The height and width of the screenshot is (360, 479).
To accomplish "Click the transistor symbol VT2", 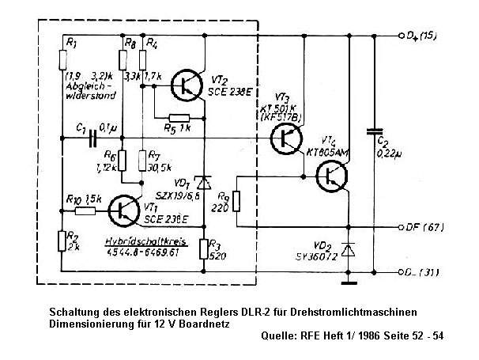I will coord(187,85).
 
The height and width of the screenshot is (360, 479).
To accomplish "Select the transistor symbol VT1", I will coord(124,210).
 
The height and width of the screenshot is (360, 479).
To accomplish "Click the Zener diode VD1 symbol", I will coord(203,183).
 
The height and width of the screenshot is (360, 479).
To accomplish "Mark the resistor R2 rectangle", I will coord(63,241).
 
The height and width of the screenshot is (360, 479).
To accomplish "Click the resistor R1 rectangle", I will coord(63,57).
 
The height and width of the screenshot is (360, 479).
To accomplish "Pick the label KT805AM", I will coord(326,150).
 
